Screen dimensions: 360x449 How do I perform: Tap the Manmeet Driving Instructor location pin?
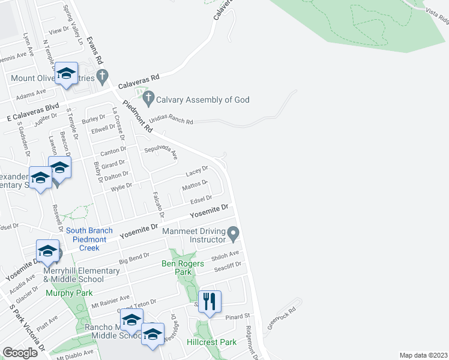pos(234,232)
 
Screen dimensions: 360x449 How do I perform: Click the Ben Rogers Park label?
pos(184,268)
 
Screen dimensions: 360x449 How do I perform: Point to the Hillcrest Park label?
pos(212,342)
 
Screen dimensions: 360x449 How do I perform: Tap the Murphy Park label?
pos(69,293)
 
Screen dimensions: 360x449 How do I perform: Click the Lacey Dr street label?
pos(196,171)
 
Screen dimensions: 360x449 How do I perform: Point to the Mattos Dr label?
pos(196,185)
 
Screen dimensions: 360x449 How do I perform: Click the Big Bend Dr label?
pos(134,259)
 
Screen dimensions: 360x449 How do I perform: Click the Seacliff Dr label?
pos(229,265)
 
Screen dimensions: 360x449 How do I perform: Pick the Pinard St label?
pos(238,316)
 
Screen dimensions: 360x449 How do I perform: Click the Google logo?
pos(20,352)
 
